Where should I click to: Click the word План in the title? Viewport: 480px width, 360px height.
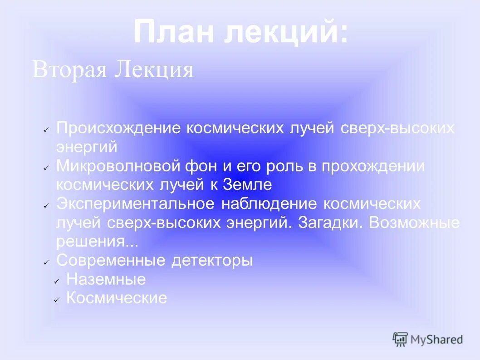174,32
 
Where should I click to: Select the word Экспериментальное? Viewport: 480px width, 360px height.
135,204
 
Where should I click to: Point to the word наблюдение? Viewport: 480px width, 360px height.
269,204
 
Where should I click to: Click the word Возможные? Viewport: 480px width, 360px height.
415,223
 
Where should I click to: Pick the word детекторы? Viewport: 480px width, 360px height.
212,261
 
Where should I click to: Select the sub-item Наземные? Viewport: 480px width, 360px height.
106,279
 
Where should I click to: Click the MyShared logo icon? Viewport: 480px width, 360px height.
400,339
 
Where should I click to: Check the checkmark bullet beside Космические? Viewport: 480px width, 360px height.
57,300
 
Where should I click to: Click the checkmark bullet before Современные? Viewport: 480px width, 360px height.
46,262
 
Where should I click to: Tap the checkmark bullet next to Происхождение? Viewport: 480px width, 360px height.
46,130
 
